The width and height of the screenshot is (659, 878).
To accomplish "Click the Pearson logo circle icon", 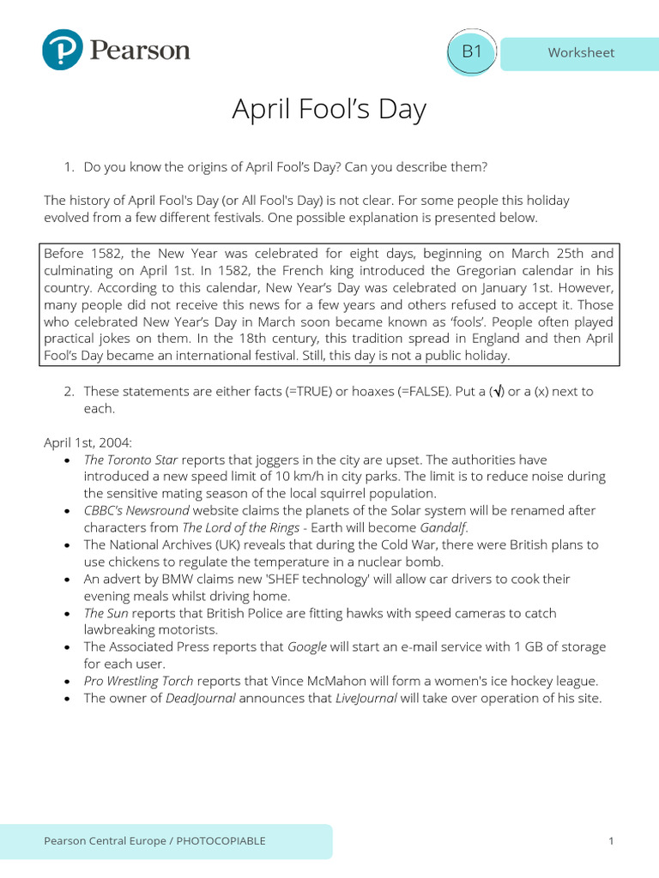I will [x=63, y=50].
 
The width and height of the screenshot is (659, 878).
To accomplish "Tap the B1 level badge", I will [x=472, y=51].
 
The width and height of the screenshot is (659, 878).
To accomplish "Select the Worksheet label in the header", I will [x=581, y=52].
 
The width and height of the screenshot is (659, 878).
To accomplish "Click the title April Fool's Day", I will [x=329, y=110].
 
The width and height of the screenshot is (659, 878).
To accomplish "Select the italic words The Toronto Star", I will [x=130, y=460].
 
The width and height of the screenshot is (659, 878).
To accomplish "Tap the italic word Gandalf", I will [x=444, y=527].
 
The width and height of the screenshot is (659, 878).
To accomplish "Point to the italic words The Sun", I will [x=106, y=613].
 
